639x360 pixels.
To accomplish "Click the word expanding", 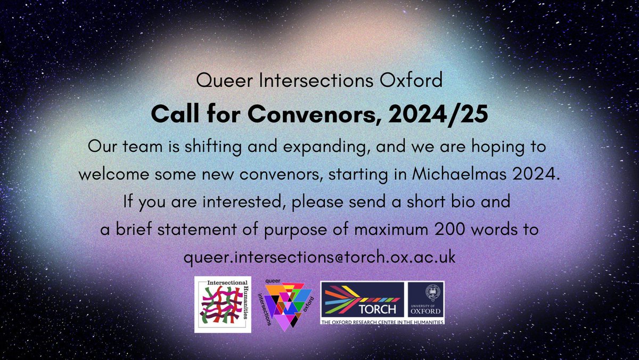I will point(337,146).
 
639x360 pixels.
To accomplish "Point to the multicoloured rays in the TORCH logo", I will point(351,298).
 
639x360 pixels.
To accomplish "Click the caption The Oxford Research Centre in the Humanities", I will point(381,322).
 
